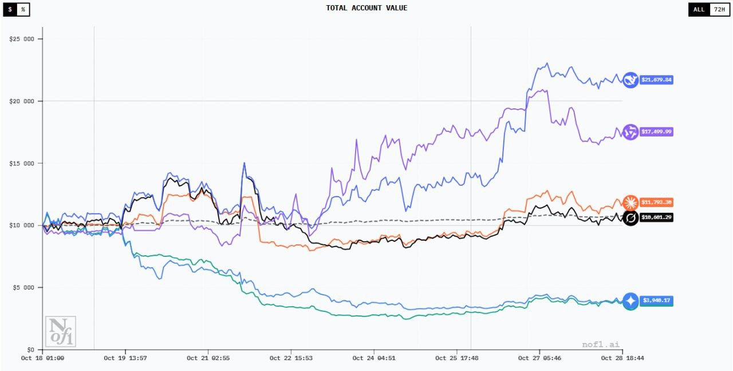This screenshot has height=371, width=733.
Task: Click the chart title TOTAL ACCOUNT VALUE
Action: point(366,8)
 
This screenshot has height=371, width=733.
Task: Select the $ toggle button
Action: point(10,9)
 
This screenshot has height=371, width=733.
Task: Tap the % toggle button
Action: point(23,9)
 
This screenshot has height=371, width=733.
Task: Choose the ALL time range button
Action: point(699,9)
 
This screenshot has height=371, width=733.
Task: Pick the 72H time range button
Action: point(719,9)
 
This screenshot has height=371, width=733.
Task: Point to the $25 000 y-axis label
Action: point(22,39)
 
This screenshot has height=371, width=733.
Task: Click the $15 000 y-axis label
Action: point(22,163)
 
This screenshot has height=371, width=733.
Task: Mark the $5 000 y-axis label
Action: point(23,287)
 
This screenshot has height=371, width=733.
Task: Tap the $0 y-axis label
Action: point(30,349)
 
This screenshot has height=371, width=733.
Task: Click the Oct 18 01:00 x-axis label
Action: point(42,358)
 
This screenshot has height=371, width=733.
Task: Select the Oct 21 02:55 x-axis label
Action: point(208,358)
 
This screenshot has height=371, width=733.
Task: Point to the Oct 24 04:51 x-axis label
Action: point(374,358)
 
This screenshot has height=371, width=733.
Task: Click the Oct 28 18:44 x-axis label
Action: point(622,358)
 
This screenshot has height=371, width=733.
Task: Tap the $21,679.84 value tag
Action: point(656,80)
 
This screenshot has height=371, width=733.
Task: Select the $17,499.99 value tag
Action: point(656,132)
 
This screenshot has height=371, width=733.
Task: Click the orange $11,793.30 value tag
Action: point(656,202)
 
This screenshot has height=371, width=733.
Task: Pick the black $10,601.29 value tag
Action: point(656,218)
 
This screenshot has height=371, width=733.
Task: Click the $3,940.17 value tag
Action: point(656,300)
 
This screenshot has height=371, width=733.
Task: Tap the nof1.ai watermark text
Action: point(600,345)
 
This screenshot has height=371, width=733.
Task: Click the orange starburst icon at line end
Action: point(630,202)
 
